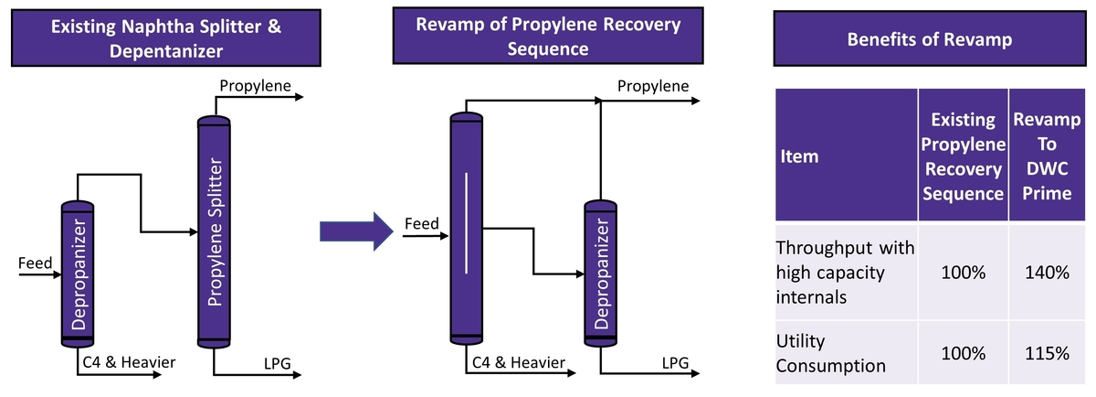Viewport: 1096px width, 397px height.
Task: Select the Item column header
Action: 799,156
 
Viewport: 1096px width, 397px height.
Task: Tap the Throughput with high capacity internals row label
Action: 845,272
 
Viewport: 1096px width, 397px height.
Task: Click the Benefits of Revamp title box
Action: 929,40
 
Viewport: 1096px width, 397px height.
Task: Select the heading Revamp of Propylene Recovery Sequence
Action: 548,37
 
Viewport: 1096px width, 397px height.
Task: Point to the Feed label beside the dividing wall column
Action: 422,223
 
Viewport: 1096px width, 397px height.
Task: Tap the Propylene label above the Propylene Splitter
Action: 255,86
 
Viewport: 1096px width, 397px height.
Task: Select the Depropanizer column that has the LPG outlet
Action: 599,274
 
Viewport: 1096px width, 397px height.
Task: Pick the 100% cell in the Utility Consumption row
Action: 964,353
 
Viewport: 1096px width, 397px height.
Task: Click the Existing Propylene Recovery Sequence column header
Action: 964,156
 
